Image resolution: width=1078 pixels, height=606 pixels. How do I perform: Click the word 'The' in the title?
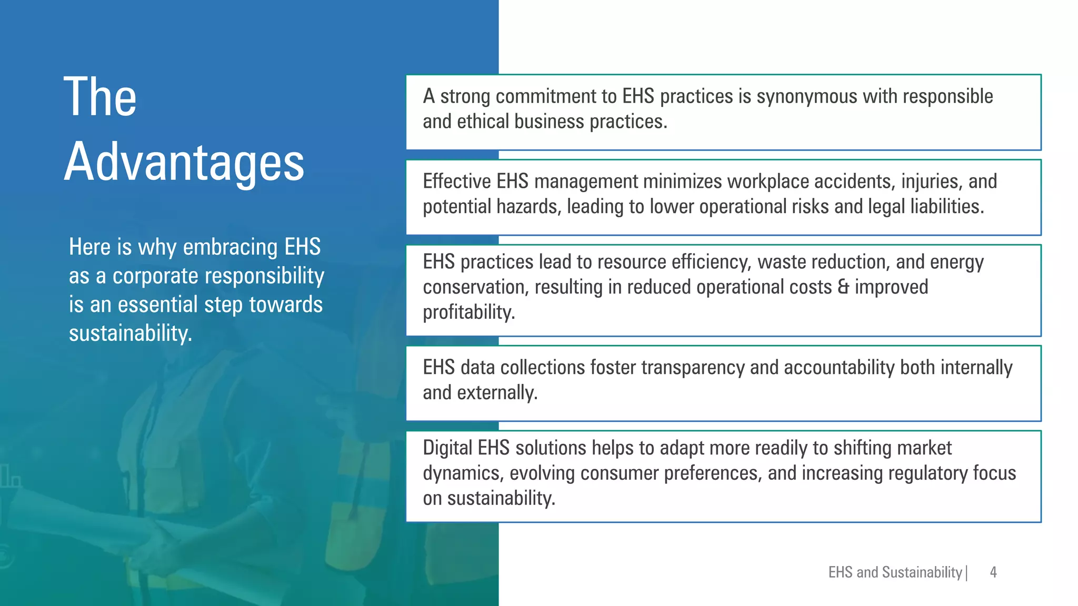click(100, 97)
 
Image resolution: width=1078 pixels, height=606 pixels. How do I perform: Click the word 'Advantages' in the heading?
click(184, 162)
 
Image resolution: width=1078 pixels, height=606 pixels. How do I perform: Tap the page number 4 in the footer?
click(993, 572)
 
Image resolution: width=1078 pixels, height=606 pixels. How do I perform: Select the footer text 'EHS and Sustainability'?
click(895, 572)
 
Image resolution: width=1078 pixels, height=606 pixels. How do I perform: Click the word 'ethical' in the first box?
click(483, 122)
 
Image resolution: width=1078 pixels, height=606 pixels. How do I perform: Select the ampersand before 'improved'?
click(843, 287)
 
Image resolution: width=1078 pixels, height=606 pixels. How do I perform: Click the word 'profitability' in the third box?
click(468, 312)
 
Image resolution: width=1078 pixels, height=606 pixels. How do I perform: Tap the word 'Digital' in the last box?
click(447, 448)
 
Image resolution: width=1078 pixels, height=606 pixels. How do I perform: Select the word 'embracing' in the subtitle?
click(230, 247)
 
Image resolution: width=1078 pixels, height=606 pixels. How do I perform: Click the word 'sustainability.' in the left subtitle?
click(131, 334)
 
